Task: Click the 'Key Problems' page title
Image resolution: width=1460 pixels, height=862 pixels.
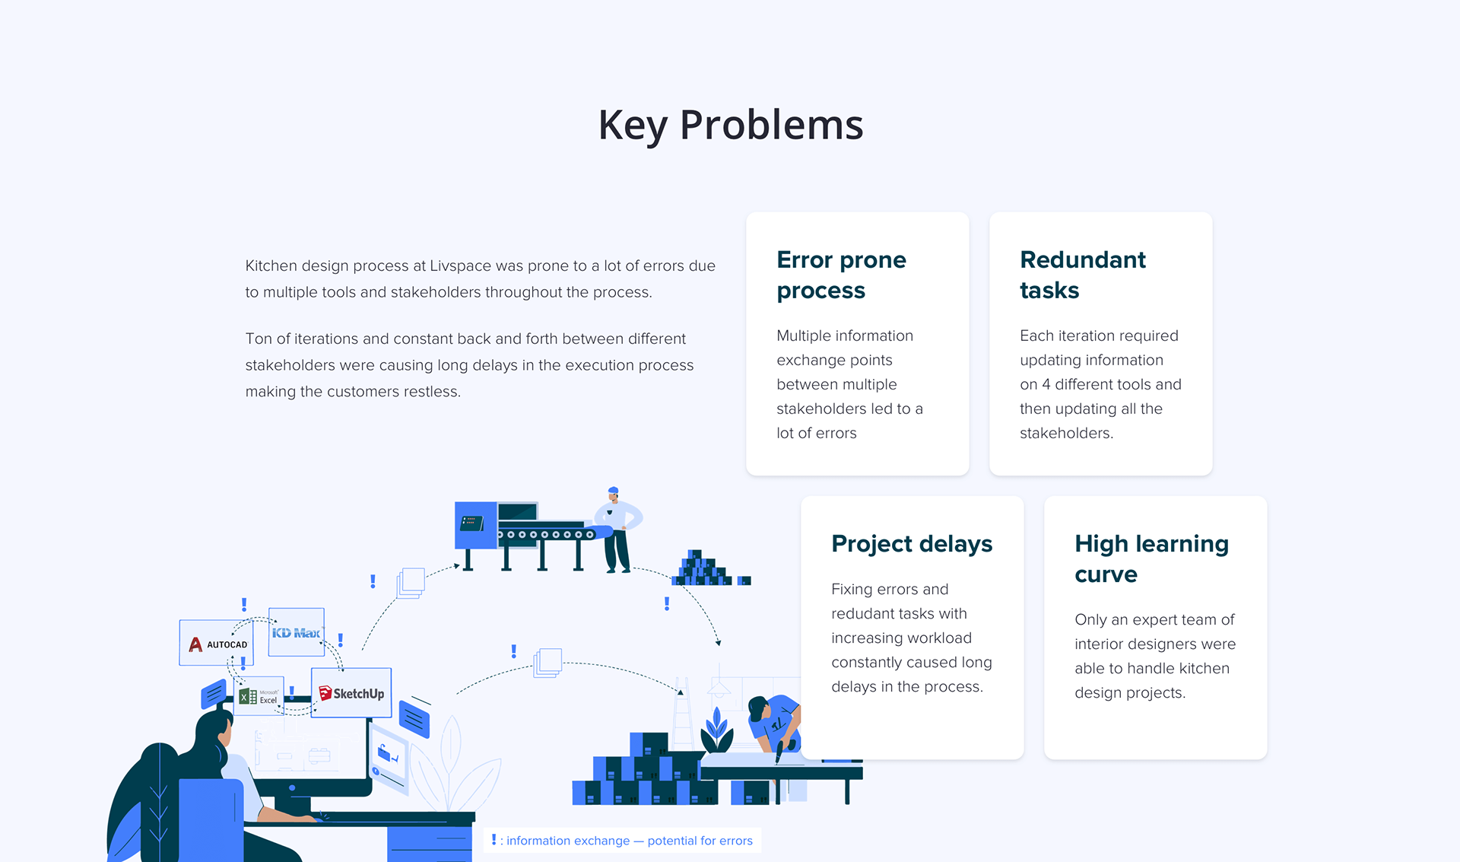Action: coord(731,126)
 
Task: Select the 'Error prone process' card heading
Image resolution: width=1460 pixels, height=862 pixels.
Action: coord(841,275)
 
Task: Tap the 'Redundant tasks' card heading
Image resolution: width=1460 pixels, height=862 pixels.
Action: coord(1082,275)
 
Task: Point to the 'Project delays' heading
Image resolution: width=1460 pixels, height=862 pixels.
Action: coord(912,544)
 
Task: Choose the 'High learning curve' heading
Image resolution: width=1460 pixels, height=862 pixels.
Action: coord(1151,558)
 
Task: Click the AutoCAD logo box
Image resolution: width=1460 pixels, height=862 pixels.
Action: coord(217,643)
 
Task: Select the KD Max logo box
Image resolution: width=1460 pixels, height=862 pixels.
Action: coord(297,632)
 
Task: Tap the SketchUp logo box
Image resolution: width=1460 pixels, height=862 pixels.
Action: coord(351,692)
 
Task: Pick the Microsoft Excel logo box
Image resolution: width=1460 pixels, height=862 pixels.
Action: coord(259,695)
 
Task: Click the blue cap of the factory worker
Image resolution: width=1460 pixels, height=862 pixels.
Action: coord(613,491)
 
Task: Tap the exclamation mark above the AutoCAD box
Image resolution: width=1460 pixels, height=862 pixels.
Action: coord(244,605)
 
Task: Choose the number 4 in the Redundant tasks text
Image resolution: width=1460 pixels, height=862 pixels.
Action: coord(1046,385)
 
